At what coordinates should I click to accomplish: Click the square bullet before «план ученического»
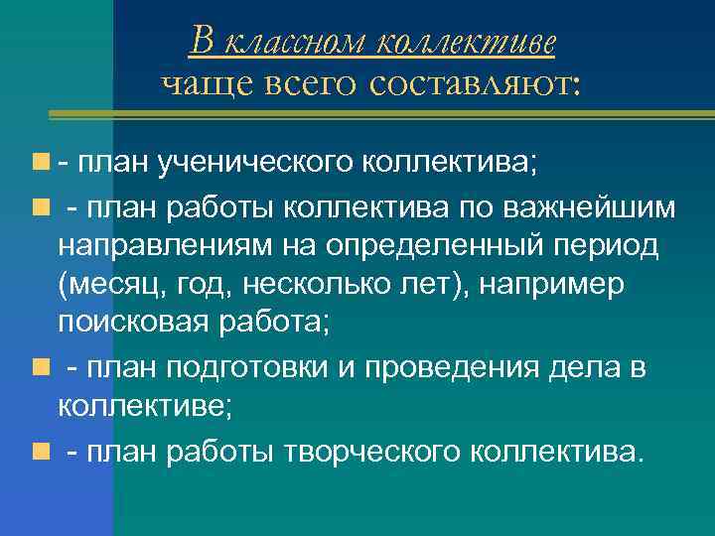click(38, 162)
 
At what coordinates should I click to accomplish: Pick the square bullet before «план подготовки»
click(38, 368)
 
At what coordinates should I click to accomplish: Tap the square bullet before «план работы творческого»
click(38, 453)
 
